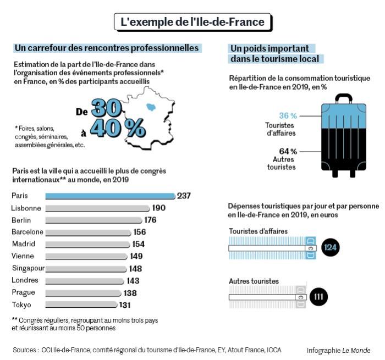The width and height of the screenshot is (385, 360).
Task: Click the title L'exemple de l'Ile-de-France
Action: point(193,23)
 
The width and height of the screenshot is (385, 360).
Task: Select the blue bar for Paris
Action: point(110,196)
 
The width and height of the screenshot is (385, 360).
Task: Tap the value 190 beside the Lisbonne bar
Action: point(159,208)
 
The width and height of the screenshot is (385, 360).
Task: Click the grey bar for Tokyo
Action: point(81,305)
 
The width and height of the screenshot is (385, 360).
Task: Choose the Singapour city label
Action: point(28,269)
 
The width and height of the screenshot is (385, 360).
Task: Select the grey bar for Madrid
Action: point(88,245)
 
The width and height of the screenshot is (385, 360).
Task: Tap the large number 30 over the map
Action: point(107,108)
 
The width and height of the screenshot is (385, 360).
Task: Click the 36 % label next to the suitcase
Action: point(288,116)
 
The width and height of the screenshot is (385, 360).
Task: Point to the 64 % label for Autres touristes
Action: point(288,151)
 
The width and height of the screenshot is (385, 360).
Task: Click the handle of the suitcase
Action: point(344,98)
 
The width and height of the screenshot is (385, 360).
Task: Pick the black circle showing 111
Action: point(319,297)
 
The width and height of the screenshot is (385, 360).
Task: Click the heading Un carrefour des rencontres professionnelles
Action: point(107,48)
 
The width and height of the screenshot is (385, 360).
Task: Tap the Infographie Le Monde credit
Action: point(339,350)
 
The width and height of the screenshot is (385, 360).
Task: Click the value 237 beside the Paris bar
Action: point(184,196)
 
